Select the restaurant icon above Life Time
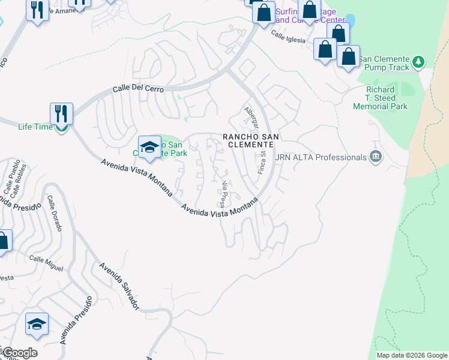tap(61, 113)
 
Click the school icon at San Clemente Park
tap(149, 147)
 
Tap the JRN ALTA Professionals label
tap(320, 157)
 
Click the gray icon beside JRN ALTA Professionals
tap(376, 157)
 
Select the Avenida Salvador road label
tap(119, 286)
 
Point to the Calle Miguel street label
tap(46, 263)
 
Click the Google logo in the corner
tap(19, 353)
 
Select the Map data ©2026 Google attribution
tap(412, 355)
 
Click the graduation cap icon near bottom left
tap(37, 325)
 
